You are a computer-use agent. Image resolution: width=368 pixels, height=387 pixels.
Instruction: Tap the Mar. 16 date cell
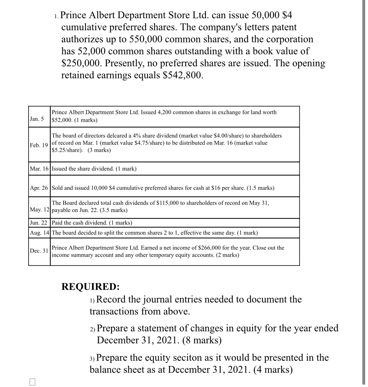pos(39,169)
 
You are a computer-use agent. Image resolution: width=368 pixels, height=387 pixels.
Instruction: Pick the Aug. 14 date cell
pos(39,233)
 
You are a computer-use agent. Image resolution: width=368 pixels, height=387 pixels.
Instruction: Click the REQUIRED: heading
pos(90,286)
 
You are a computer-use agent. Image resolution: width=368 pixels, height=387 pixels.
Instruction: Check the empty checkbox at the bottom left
pos(33,382)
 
